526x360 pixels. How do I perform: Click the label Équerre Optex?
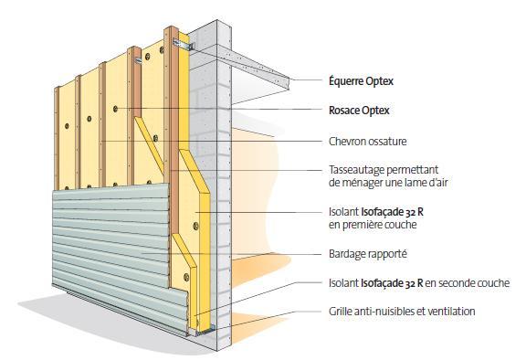[361, 80]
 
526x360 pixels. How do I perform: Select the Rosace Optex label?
[359, 111]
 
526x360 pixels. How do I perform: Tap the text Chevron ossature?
[368, 142]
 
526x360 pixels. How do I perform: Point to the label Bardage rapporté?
[368, 254]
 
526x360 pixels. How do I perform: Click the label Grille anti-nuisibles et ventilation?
[402, 311]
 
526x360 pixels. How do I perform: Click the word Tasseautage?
[356, 170]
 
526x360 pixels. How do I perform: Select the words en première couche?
[373, 225]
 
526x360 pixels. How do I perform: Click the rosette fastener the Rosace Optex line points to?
[115, 109]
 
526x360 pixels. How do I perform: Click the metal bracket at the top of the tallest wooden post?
[184, 44]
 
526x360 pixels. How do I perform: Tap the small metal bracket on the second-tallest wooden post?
[138, 60]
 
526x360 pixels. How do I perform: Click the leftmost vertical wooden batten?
[57, 138]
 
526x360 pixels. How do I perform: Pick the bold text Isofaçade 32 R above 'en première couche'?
[392, 212]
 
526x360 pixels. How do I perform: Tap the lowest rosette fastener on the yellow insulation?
[186, 277]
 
